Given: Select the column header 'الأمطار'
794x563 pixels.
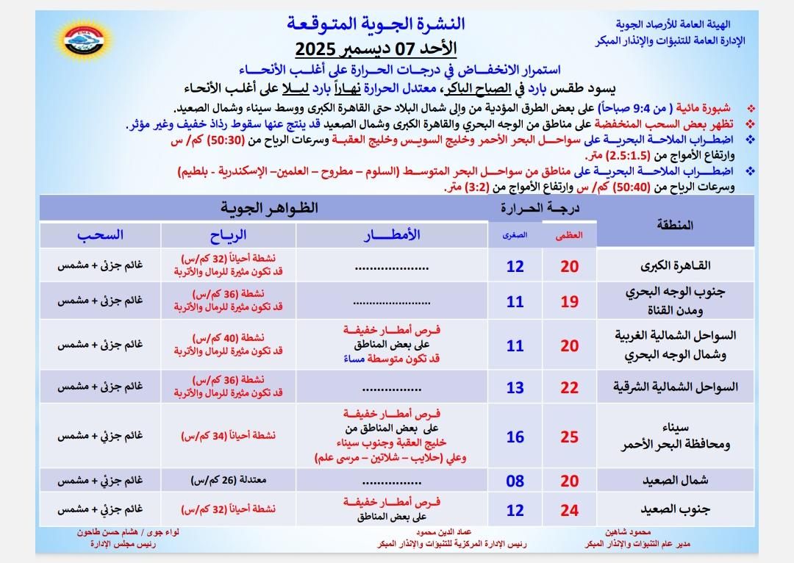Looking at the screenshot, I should coord(393,234).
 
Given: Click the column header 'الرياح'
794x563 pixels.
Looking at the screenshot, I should coord(229,234).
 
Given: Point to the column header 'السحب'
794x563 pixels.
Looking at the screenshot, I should coord(101,234).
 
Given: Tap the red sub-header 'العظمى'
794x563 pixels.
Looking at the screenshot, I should coord(570,235).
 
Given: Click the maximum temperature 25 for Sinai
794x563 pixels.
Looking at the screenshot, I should coord(569,437).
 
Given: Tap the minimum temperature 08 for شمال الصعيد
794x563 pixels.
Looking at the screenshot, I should coord(515,481).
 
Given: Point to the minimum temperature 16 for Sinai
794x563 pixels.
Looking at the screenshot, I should coord(515,437).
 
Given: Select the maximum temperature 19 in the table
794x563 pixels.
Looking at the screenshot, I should coord(569,301).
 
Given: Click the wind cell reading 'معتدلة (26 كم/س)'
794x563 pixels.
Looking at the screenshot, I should coord(229,481).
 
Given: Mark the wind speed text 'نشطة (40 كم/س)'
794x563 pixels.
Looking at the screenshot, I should coord(229,338).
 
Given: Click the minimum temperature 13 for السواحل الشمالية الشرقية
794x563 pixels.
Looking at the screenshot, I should coord(515,387).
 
